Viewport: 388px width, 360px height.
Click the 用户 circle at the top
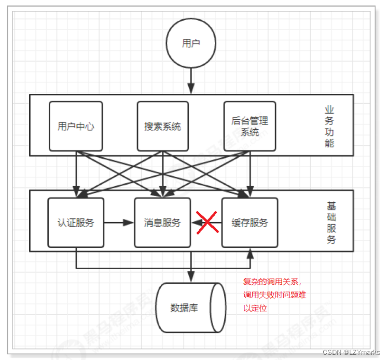(191, 44)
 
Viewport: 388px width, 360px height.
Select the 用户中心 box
(76, 126)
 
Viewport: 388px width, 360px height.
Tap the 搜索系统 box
(163, 126)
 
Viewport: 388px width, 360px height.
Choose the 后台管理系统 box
(250, 126)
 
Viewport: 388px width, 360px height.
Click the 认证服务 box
(76, 223)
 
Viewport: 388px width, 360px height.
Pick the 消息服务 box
(163, 223)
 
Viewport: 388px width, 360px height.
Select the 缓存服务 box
(250, 223)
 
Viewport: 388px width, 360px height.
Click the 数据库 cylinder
(191, 308)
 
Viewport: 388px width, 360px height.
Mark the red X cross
(206, 222)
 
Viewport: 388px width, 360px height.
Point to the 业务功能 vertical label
(329, 126)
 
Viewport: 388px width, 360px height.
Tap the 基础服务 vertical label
(330, 222)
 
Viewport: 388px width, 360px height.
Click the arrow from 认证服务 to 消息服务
(119, 223)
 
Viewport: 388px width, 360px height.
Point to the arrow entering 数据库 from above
(191, 275)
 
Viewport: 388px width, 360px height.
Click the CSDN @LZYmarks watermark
(351, 352)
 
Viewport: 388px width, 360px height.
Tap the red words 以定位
(255, 308)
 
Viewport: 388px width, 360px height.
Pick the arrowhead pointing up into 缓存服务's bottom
(251, 252)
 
